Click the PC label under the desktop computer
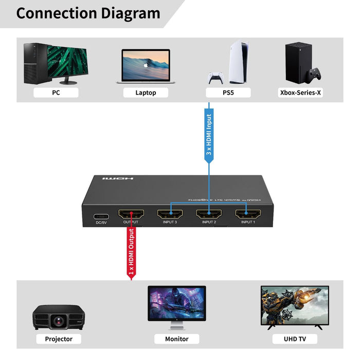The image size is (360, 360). pos(56,93)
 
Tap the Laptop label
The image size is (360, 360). pos(146,93)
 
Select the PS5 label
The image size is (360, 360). pos(228,93)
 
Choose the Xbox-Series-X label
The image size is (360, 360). pos(300,93)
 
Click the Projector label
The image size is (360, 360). pos(59,339)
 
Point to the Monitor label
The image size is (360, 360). pos(177,339)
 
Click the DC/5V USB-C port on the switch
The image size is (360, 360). pos(100,216)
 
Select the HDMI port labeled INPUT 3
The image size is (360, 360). pos(170,214)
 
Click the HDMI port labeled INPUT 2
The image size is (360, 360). pos(209,214)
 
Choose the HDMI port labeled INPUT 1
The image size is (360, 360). pos(247,214)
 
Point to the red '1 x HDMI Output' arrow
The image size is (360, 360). pos(131,252)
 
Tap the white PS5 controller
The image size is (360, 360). pos(215,79)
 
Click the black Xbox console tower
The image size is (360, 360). pos(298,62)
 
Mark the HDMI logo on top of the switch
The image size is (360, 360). pos(118,178)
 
